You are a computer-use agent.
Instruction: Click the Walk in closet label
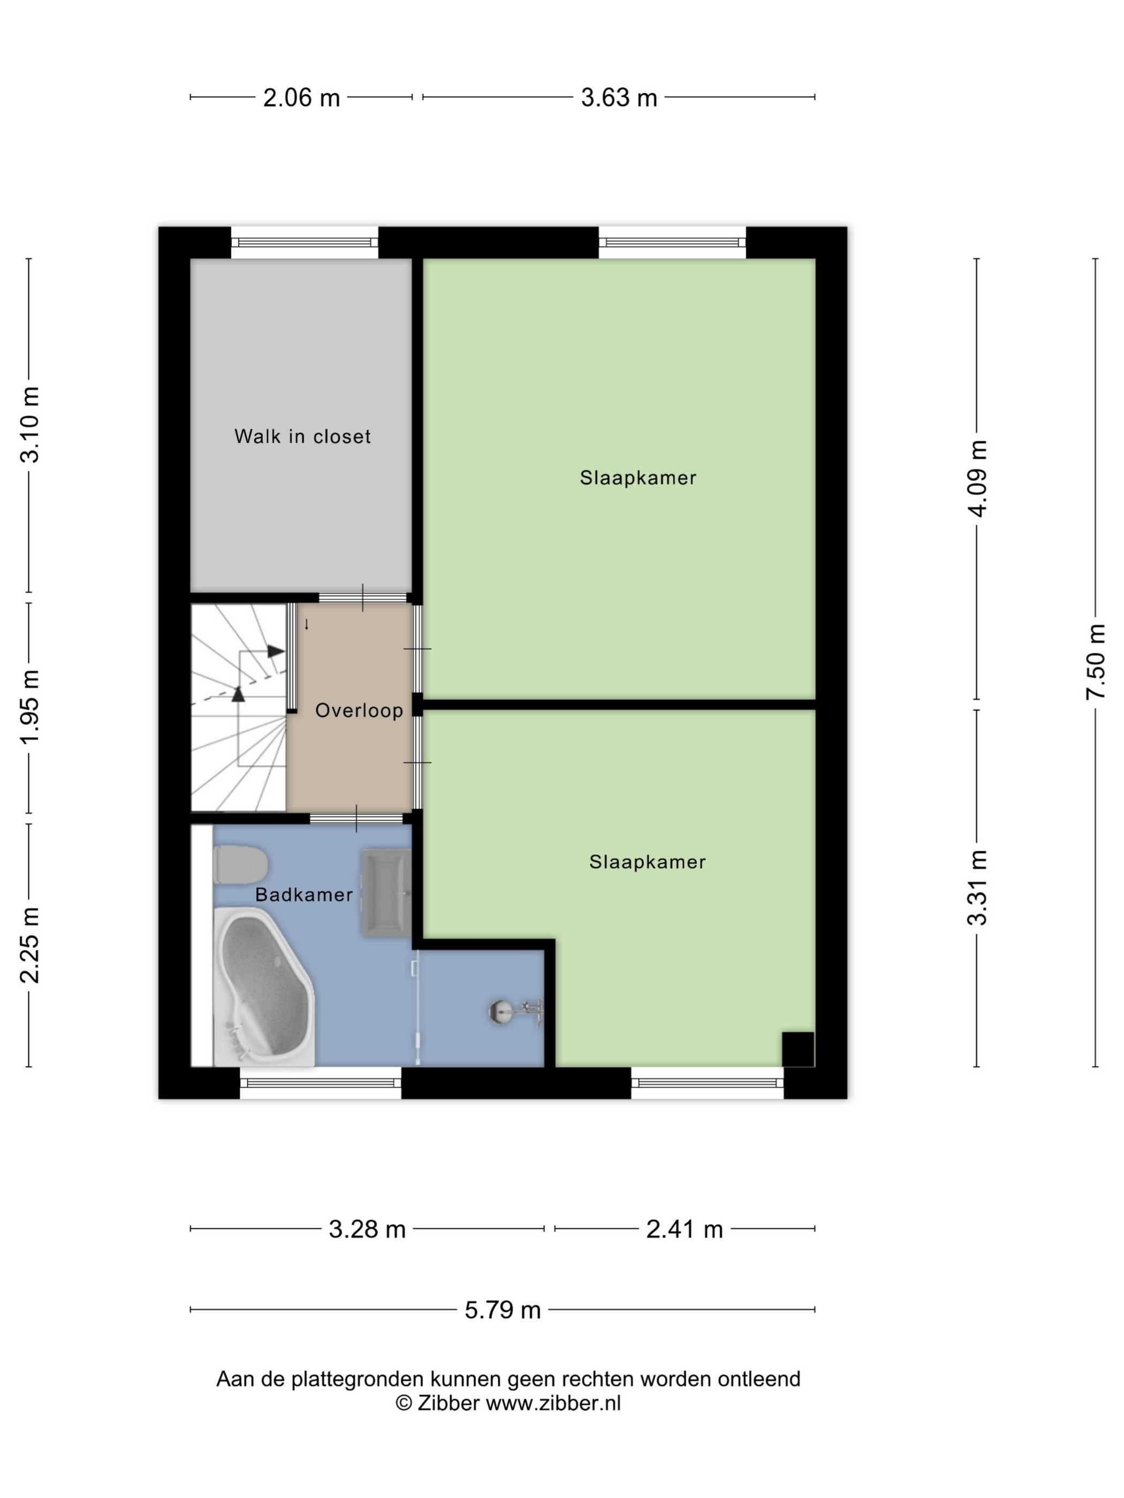point(302,436)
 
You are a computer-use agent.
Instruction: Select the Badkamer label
point(303,895)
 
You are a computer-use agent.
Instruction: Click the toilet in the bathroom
point(240,865)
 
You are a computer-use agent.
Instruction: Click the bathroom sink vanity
point(385,893)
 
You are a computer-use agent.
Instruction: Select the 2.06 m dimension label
point(301,98)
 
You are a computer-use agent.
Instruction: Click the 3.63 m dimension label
point(619,98)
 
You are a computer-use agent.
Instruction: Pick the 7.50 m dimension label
point(1096,662)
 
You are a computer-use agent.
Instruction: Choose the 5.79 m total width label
point(503,1310)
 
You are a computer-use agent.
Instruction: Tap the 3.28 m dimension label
point(367,1228)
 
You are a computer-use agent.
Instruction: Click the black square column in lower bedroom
point(798,1049)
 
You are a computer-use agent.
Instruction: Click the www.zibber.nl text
point(553,1403)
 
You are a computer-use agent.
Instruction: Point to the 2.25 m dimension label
point(29,945)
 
